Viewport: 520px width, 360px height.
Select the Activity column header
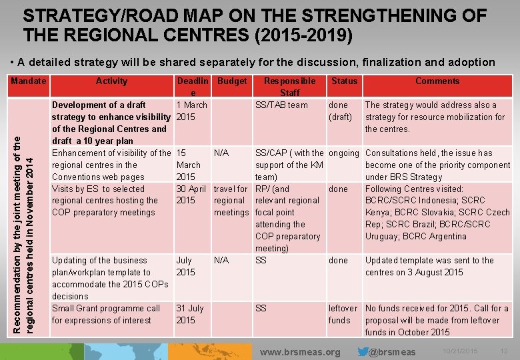pyautogui.click(x=111, y=81)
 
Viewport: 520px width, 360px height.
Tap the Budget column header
pyautogui.click(x=232, y=81)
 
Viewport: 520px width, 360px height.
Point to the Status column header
pyautogui.click(x=344, y=81)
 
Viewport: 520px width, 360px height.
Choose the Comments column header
pyautogui.click(x=437, y=81)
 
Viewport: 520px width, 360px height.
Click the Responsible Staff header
pyautogui.click(x=289, y=87)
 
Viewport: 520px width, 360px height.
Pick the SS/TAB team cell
pyautogui.click(x=282, y=105)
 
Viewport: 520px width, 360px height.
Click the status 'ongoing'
pyautogui.click(x=344, y=153)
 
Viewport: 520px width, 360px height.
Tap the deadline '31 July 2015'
pyautogui.click(x=189, y=314)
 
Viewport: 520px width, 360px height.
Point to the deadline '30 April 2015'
pyautogui.click(x=191, y=195)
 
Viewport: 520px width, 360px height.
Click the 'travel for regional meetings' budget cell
pyautogui.click(x=231, y=201)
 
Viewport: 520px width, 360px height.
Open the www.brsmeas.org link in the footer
pyautogui.click(x=299, y=351)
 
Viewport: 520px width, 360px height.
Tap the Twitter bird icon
pyautogui.click(x=363, y=351)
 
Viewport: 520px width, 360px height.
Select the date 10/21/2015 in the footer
pyautogui.click(x=459, y=351)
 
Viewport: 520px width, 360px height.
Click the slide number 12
pyautogui.click(x=504, y=351)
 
